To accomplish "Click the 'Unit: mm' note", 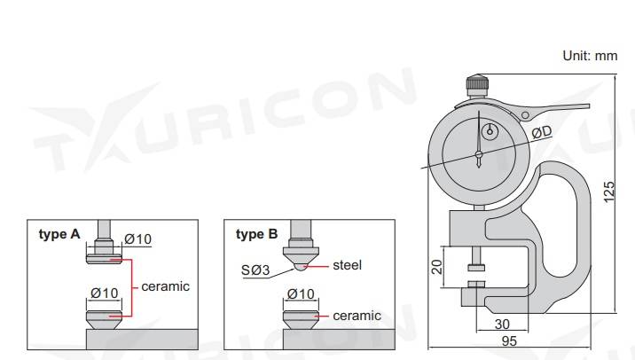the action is (x=590, y=56).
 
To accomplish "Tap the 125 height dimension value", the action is (x=608, y=192).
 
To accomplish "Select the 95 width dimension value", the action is (x=509, y=341).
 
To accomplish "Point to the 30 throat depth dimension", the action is (x=502, y=324).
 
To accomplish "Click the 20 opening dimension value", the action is (x=437, y=267).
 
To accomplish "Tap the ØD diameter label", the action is (x=542, y=131).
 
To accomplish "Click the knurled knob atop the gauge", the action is (x=477, y=86).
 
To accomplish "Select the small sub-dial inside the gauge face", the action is (x=490, y=131).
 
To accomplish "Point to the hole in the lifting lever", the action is (x=525, y=115).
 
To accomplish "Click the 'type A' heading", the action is (x=59, y=234).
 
